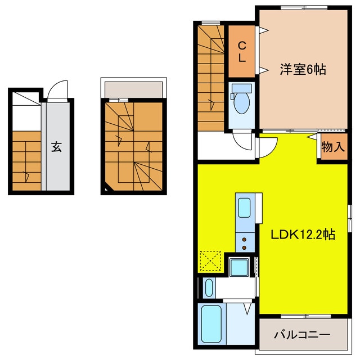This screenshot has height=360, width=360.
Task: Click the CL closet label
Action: tap(241, 51)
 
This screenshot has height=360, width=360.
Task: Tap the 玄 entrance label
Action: tap(56, 147)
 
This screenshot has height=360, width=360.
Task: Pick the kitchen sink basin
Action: tap(245, 208)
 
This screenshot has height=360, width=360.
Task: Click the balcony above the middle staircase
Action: tap(133, 88)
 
